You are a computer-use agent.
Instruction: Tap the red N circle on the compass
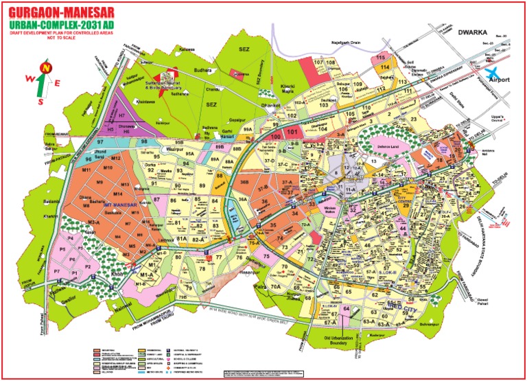pyautogui.click(x=45, y=67)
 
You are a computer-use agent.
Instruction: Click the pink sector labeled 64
pyautogui.click(x=347, y=310)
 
